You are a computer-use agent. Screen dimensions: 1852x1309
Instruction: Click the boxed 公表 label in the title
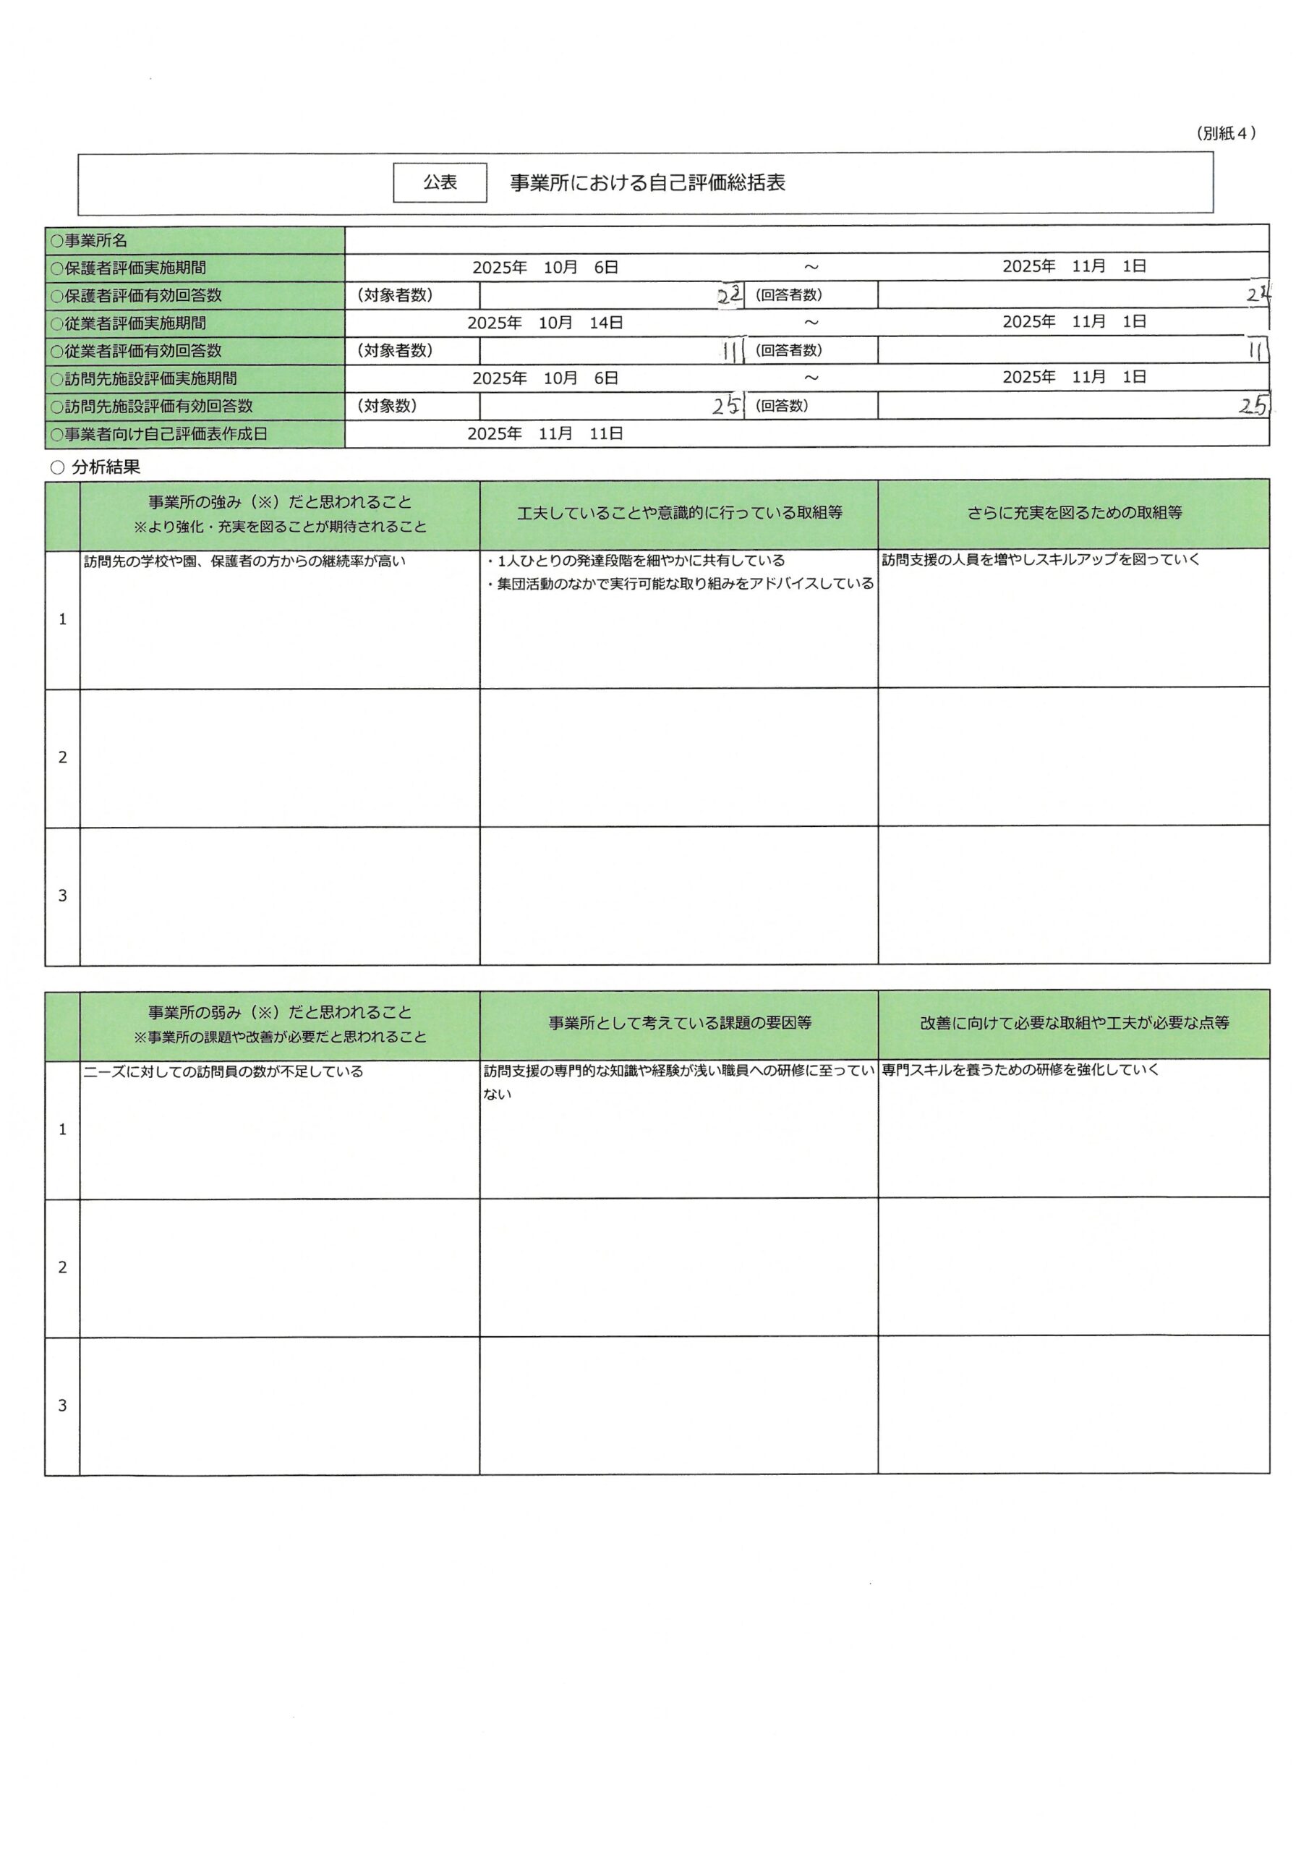[440, 182]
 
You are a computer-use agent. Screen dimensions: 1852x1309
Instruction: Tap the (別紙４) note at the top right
[1225, 134]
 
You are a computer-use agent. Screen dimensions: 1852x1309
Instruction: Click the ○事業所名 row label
[90, 240]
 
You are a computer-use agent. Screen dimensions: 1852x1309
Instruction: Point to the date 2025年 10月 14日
[545, 323]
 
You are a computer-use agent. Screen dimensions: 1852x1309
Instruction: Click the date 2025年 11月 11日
[545, 434]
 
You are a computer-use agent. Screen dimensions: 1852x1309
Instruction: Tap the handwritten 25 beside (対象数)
[726, 406]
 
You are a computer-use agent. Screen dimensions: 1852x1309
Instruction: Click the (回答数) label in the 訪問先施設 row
[781, 406]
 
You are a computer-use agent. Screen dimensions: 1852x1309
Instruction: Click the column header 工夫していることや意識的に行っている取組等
[679, 513]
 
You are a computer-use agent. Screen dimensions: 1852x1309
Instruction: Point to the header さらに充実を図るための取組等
[1074, 513]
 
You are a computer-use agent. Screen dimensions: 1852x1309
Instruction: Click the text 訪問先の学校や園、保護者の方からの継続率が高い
[244, 561]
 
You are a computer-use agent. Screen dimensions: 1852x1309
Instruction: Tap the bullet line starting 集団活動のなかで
[680, 584]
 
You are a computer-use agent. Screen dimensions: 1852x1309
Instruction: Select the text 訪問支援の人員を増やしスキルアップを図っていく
[1041, 560]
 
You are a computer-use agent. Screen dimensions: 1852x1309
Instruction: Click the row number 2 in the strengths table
[63, 757]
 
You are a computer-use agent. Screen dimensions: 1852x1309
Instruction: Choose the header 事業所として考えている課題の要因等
[679, 1024]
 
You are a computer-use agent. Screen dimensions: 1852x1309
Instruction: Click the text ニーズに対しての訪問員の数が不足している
[223, 1072]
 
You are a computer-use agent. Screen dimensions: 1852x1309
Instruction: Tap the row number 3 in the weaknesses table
[63, 1406]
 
